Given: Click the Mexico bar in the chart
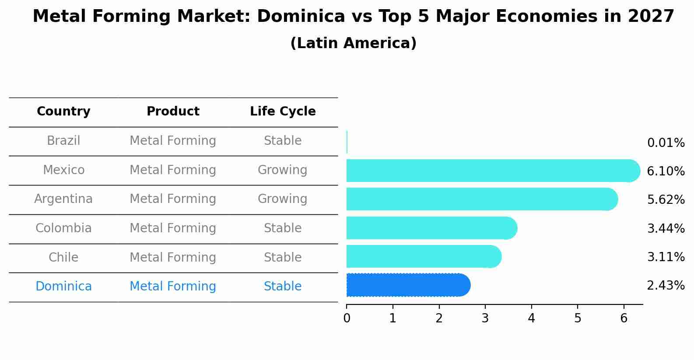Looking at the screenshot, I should [490, 171].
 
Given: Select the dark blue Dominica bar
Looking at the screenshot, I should [407, 285].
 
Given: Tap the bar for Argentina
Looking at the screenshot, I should [481, 199].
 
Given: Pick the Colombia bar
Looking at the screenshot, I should [431, 228].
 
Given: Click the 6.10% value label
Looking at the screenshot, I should [666, 171].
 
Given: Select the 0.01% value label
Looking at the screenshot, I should [666, 143].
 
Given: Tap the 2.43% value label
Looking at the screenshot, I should [666, 285].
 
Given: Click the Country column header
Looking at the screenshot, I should [63, 112].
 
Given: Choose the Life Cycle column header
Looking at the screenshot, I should [283, 112].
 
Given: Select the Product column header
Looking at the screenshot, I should [173, 112].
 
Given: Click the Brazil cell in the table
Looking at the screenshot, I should [63, 141].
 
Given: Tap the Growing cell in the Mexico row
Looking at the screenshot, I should [282, 170].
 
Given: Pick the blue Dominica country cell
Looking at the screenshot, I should [63, 287].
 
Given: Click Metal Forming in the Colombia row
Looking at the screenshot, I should [173, 228].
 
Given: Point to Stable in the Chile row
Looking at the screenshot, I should [282, 257].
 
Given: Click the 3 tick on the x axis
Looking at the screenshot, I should [485, 318].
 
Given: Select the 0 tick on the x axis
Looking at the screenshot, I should [347, 318].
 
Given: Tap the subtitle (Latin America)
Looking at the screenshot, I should [353, 43].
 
